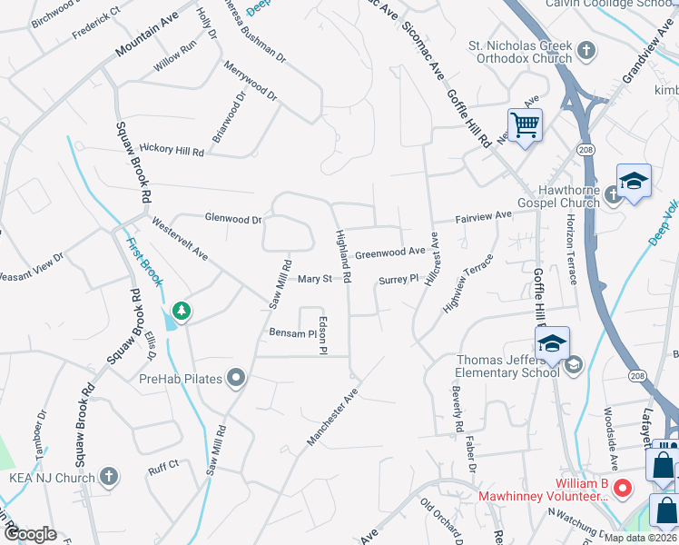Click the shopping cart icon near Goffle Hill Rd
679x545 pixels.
tap(526, 125)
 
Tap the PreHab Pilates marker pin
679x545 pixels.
tap(236, 378)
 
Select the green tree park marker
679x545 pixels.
tap(182, 312)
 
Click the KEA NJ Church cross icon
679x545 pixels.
tap(108, 476)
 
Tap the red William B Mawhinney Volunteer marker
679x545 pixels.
tap(622, 488)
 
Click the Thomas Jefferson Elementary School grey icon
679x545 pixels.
tap(572, 366)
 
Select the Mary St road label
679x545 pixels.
tap(314, 280)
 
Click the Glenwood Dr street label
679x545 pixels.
tap(233, 219)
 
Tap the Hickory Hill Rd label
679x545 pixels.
tap(171, 151)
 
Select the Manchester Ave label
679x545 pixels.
tap(333, 418)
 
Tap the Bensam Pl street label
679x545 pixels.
tap(291, 333)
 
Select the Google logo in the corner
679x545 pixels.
tap(30, 533)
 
